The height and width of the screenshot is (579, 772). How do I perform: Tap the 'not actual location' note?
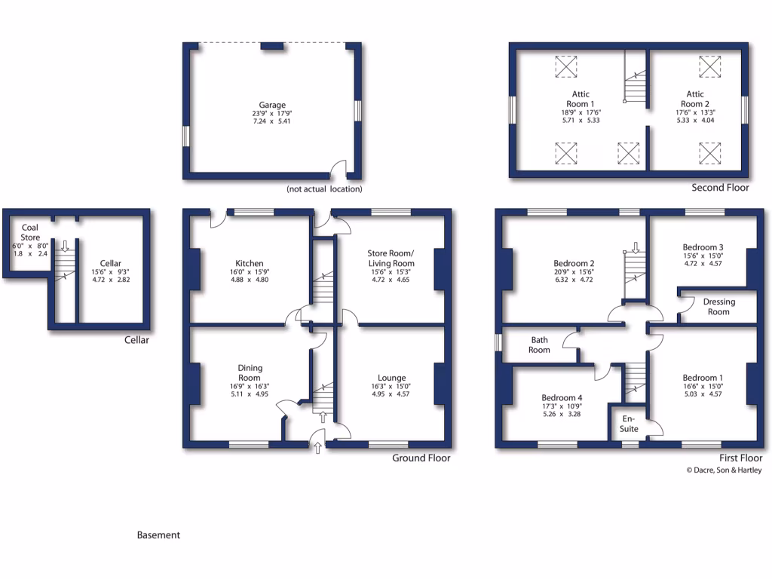(324, 189)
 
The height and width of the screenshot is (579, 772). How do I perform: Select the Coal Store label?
(30, 232)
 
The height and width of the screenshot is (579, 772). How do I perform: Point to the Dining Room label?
(250, 372)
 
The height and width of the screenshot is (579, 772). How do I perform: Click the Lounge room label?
(392, 378)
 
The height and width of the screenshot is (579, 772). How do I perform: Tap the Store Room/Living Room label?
(391, 258)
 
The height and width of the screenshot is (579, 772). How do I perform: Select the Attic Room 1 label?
(580, 99)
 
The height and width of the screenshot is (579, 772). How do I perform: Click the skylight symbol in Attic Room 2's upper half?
(709, 67)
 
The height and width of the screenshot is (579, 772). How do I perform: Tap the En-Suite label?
(629, 424)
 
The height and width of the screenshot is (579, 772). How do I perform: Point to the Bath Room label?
(539, 345)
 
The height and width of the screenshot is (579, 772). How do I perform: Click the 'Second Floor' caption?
(720, 188)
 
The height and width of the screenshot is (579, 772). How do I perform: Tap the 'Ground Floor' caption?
(421, 458)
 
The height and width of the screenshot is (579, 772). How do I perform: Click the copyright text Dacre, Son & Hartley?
(724, 470)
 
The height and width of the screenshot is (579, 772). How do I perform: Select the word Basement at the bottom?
(158, 535)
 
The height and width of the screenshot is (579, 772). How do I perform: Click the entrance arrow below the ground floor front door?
(317, 449)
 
